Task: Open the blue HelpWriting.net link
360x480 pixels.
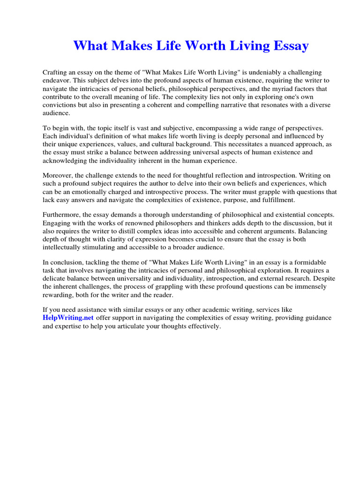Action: [x=68, y=318]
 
